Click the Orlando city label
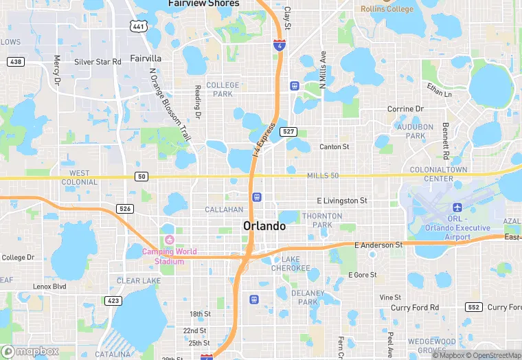click(x=264, y=226)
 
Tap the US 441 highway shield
click(x=139, y=26)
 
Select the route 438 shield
click(x=15, y=62)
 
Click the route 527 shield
click(x=288, y=131)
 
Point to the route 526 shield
click(x=124, y=208)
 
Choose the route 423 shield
click(x=113, y=300)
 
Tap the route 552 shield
click(x=473, y=307)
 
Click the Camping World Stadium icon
click(x=169, y=240)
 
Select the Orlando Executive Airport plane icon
click(x=457, y=207)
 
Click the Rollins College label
click(x=387, y=9)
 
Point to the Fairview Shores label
click(x=204, y=3)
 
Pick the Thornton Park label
click(x=327, y=220)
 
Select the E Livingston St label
click(x=342, y=201)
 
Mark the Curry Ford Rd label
click(x=415, y=308)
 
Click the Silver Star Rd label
click(x=98, y=62)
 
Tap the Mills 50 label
click(x=324, y=177)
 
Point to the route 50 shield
click(x=141, y=177)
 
